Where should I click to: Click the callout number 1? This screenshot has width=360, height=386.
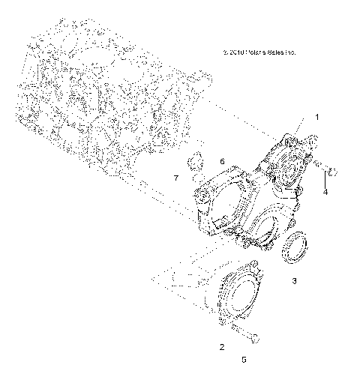tap(316, 118)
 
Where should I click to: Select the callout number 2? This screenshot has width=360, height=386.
tap(221, 346)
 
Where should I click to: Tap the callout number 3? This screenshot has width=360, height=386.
tap(295, 281)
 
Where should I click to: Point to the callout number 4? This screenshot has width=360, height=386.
tap(325, 192)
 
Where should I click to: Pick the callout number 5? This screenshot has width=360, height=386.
tap(244, 360)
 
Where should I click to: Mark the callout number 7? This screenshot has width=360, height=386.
tap(176, 178)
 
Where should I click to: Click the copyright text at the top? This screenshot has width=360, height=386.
tap(259, 53)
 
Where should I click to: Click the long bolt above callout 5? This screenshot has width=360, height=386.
tap(243, 331)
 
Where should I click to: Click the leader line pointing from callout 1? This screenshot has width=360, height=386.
tap(304, 130)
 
